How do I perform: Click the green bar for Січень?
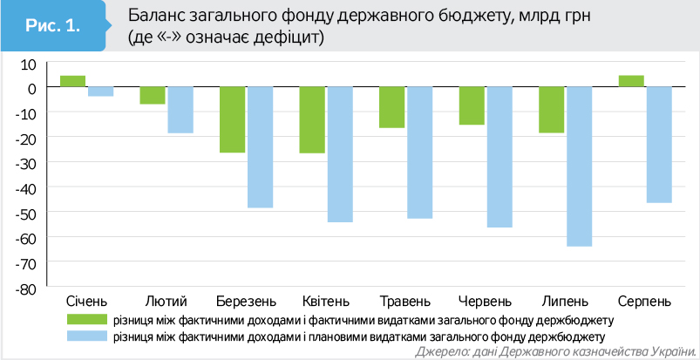[x=72, y=81]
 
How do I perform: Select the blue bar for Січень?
[x=100, y=92]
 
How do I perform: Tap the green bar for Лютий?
[x=153, y=96]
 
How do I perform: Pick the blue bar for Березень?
[x=261, y=147]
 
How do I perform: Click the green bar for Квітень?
[x=312, y=120]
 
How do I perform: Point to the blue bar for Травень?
[x=420, y=153]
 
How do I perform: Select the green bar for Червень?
[x=472, y=106]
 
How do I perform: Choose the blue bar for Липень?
[x=580, y=166]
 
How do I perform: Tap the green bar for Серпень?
[x=631, y=81]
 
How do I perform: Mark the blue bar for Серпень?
[x=659, y=145]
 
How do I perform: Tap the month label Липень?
[x=566, y=301]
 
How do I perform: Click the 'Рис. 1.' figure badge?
[x=53, y=27]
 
